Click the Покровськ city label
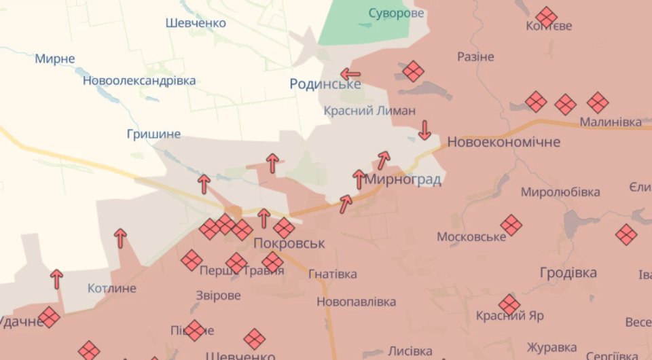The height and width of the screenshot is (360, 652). [x=289, y=243]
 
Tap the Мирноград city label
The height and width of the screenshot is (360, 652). [x=403, y=180]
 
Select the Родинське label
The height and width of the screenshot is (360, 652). [x=325, y=84]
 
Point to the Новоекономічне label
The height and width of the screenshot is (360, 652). [x=503, y=142]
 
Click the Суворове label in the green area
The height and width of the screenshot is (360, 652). [x=396, y=13]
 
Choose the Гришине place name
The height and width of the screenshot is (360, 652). [x=153, y=134]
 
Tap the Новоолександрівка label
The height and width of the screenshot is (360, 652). [x=139, y=81]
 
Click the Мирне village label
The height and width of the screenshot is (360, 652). [x=55, y=58]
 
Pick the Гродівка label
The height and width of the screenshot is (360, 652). [x=568, y=272]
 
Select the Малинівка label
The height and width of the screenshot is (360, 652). [x=611, y=122]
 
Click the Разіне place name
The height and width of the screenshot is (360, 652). [x=475, y=56]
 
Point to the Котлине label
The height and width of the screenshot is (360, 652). [x=112, y=288]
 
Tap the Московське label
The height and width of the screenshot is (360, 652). [x=471, y=236]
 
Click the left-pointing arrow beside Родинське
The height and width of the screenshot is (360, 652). [x=350, y=74]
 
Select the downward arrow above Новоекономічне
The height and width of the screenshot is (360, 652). [x=424, y=130]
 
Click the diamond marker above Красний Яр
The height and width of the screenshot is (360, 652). [x=509, y=304]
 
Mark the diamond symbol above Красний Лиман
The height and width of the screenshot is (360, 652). [x=412, y=71]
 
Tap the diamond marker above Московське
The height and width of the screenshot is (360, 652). [x=510, y=225]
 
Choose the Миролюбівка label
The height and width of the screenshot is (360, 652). [x=560, y=192]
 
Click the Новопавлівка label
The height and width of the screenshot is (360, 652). [x=355, y=301]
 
